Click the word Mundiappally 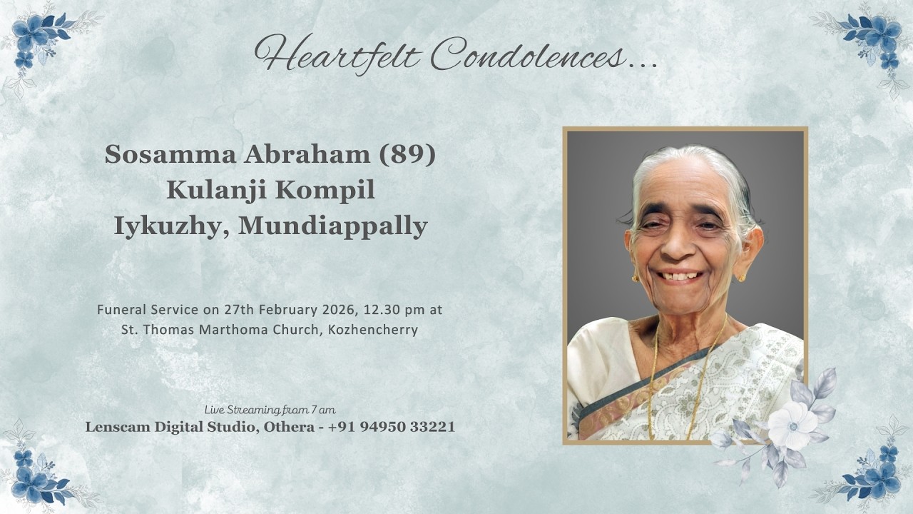(332, 226)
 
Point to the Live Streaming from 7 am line (270, 410)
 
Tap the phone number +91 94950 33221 (392, 427)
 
